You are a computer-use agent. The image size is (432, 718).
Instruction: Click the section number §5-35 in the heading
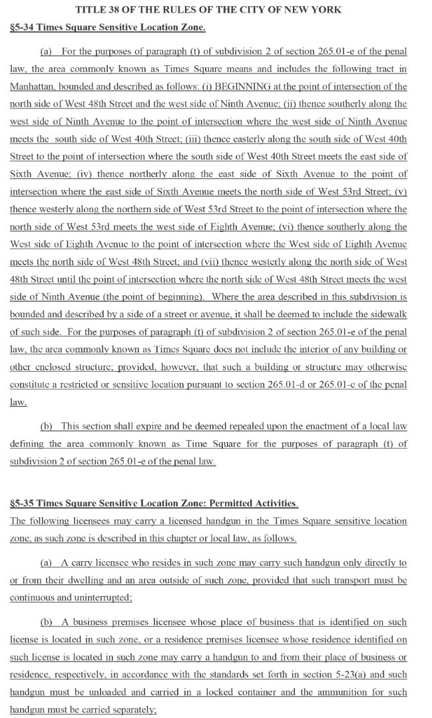[25, 503]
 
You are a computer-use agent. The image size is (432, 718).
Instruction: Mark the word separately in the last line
[135, 710]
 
